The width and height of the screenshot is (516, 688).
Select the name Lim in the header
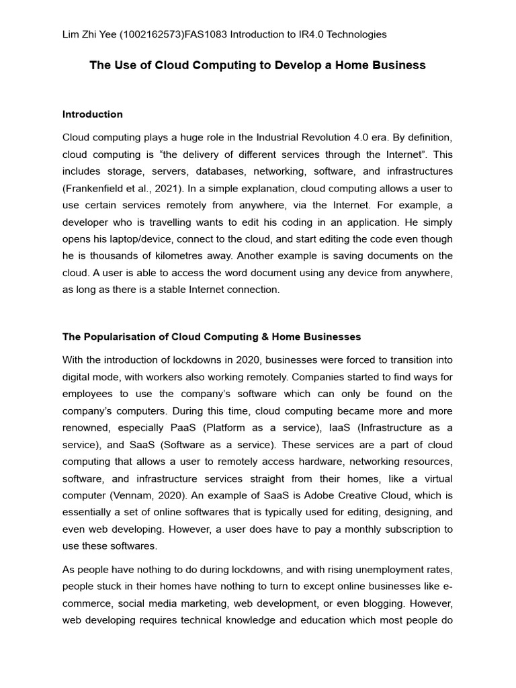click(x=71, y=34)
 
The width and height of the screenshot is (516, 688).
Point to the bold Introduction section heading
click(x=93, y=114)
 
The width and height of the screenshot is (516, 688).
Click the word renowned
click(x=86, y=428)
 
